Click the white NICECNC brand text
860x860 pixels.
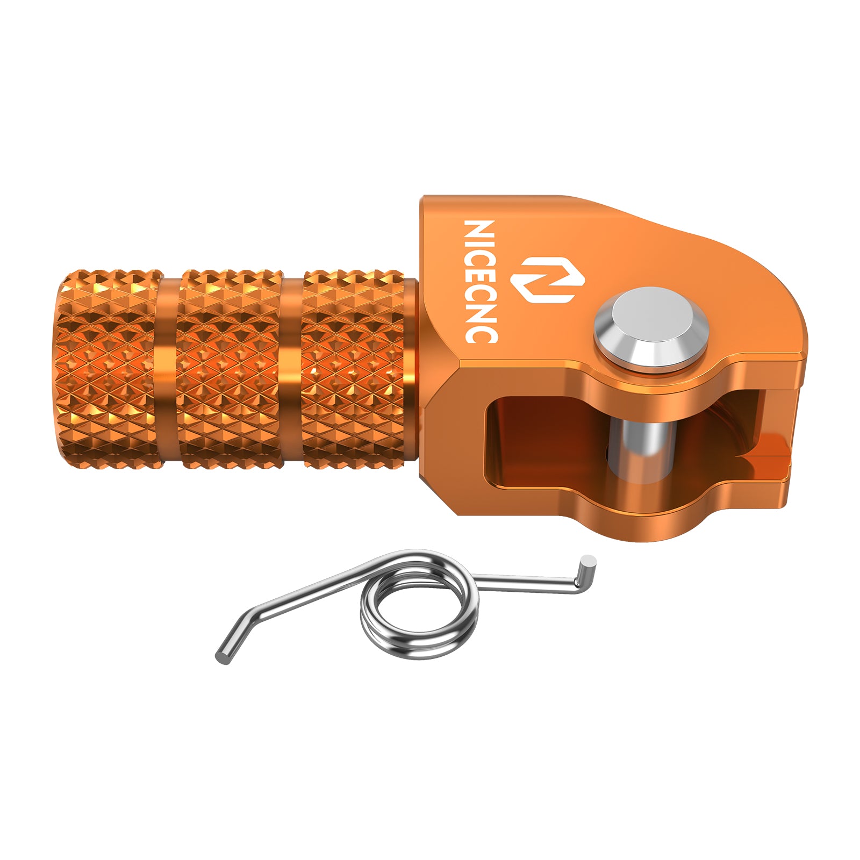480,281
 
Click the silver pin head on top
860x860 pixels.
649,325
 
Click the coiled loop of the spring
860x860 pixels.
419,605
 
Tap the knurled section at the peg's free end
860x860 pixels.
107,368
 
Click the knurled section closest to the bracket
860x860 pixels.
352,368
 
